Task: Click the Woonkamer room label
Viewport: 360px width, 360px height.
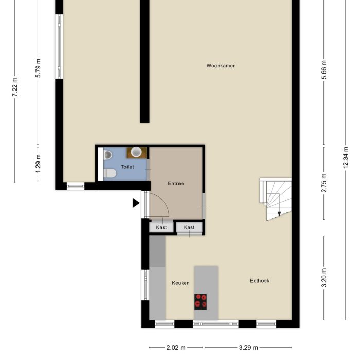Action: click(x=221, y=66)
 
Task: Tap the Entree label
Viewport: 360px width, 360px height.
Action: click(x=176, y=183)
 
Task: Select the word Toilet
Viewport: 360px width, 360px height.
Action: click(x=127, y=167)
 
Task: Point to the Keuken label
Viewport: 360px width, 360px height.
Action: click(x=181, y=283)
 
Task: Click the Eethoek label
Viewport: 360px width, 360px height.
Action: click(x=260, y=281)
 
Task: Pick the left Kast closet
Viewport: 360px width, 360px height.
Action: click(x=161, y=227)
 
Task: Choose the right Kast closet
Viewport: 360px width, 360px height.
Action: click(x=189, y=227)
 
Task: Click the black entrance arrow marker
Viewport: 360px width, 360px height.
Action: click(x=136, y=203)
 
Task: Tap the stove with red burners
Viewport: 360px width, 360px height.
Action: click(x=201, y=301)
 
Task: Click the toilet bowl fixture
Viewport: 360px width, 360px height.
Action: click(x=109, y=174)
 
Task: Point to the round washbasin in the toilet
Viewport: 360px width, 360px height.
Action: click(x=136, y=152)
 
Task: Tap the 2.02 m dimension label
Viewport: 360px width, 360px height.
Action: click(x=176, y=348)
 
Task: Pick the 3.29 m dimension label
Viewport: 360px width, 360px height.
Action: click(x=248, y=348)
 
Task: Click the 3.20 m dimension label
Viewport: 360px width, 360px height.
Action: click(x=324, y=278)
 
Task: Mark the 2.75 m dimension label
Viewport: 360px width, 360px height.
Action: click(x=324, y=183)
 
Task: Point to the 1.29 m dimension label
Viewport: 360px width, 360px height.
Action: click(x=38, y=165)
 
